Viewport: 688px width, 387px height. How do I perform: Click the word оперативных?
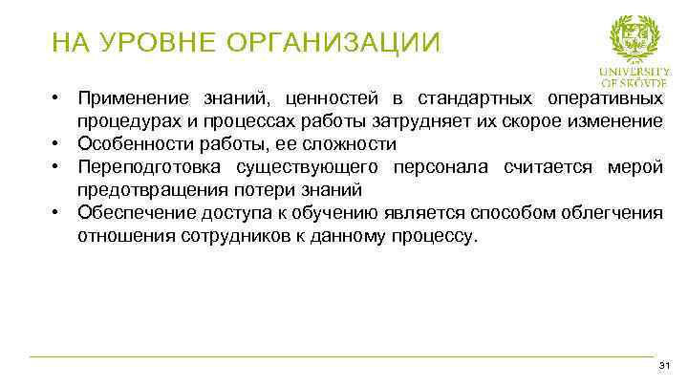click(x=606, y=99)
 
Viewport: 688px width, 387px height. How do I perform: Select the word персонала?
click(x=445, y=167)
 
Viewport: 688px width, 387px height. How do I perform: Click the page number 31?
click(x=665, y=368)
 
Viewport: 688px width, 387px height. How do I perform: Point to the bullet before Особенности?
click(x=58, y=143)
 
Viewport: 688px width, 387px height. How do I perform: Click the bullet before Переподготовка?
click(x=58, y=167)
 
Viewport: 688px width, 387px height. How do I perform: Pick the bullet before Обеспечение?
click(x=58, y=212)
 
